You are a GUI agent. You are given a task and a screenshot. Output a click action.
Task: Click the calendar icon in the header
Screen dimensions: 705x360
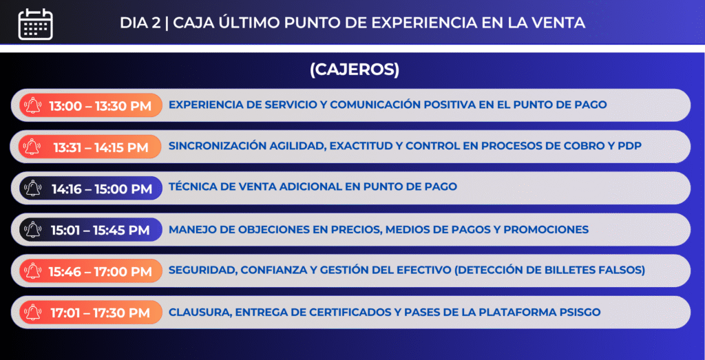point(36,23)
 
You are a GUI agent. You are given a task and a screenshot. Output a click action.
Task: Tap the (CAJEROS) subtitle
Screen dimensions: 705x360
point(355,70)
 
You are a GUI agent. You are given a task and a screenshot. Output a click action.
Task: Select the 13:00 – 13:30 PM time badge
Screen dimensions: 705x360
point(91,105)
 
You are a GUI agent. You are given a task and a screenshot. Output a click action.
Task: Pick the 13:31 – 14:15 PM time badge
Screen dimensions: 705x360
point(91,147)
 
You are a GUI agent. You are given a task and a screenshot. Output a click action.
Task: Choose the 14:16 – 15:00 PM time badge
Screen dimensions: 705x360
point(91,189)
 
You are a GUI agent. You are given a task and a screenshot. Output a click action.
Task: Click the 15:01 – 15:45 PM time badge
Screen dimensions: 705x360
point(91,230)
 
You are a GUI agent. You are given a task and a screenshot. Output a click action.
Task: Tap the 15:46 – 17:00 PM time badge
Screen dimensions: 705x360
point(91,271)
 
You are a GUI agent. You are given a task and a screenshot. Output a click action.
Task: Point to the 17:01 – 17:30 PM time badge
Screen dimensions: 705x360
point(91,313)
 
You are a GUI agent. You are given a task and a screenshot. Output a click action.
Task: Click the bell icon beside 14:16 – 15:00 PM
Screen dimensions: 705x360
point(33,189)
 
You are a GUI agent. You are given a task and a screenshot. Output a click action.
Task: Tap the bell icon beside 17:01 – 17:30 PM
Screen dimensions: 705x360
point(33,313)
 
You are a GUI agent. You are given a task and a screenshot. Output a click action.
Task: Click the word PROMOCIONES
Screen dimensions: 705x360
point(546,229)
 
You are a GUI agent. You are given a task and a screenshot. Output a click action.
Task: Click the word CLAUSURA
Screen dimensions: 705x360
point(200,313)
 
